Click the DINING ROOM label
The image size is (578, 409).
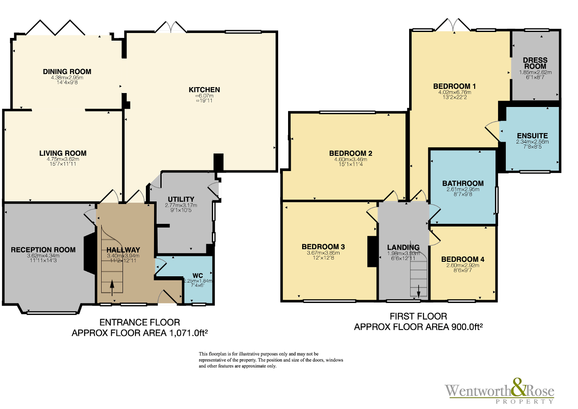67,71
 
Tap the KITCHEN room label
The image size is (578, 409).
204,90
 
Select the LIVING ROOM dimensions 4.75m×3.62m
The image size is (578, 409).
62,159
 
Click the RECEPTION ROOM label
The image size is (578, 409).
43,250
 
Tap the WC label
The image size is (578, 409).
198,275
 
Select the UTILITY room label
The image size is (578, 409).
181,199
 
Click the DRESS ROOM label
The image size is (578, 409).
535,63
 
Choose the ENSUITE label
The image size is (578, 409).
532,135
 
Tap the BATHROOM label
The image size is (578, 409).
463,183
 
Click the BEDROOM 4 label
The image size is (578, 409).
463,259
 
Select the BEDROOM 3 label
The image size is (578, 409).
323,246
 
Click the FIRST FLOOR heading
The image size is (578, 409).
418,316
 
